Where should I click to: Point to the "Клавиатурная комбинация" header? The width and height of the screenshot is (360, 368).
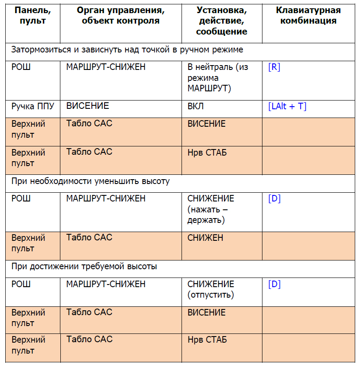click(308, 15)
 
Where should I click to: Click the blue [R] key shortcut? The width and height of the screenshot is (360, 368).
click(274, 68)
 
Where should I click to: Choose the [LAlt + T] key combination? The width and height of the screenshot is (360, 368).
click(287, 106)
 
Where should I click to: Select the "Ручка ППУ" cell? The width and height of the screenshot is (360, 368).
click(28, 106)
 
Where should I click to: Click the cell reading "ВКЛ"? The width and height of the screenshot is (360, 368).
click(196, 106)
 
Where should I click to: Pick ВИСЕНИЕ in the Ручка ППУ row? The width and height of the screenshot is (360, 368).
click(87, 106)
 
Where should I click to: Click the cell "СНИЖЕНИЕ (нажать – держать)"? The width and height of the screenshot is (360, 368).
click(211, 209)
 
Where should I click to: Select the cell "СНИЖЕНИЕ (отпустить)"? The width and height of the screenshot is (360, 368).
click(211, 289)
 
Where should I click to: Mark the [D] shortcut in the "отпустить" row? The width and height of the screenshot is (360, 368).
click(274, 285)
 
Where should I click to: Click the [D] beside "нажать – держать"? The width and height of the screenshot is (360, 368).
click(274, 199)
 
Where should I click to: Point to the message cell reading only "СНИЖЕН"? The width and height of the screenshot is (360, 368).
click(205, 238)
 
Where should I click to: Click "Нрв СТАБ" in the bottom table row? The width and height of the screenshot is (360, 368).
click(207, 340)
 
